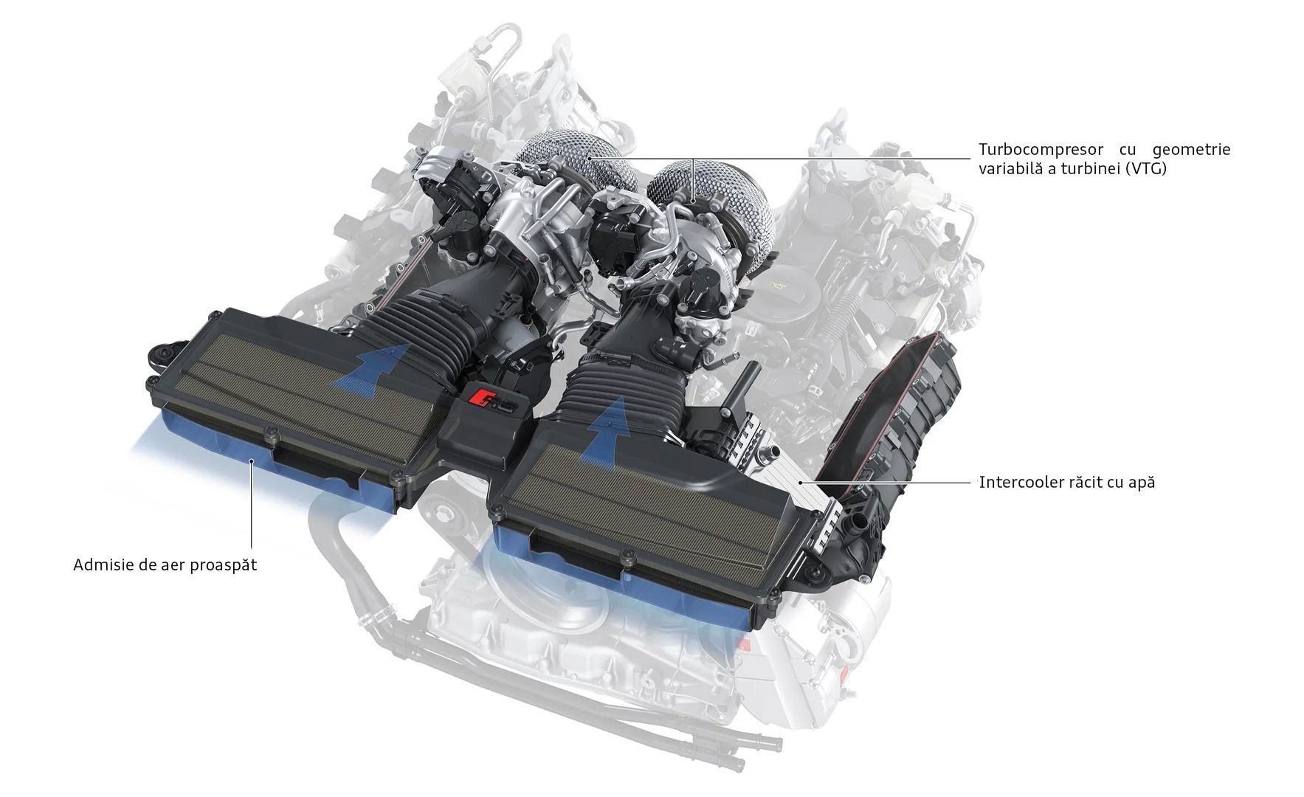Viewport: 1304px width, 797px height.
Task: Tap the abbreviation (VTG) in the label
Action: tap(1147, 168)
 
